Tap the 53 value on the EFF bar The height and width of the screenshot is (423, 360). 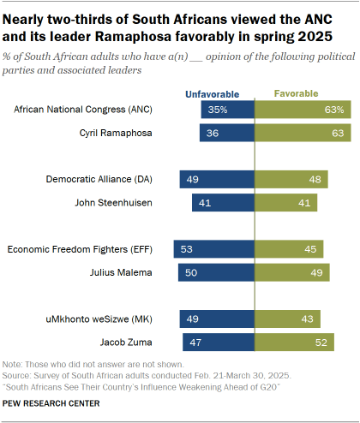pos(184,249)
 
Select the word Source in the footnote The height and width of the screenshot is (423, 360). pos(18,375)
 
